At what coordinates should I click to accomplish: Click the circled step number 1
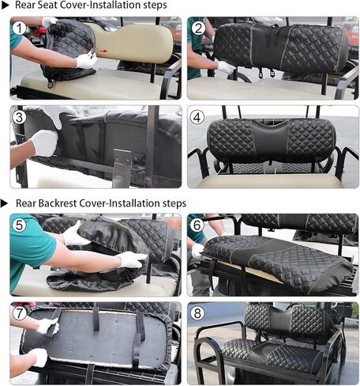[x=20, y=28]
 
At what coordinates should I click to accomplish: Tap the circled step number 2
[x=198, y=28]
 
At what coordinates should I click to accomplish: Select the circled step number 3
[x=19, y=117]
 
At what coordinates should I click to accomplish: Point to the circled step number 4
[x=197, y=117]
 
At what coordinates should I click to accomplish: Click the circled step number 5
[x=20, y=225]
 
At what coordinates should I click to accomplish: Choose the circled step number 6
[x=197, y=225]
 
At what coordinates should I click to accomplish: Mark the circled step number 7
[x=20, y=313]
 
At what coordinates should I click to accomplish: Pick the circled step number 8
[x=197, y=313]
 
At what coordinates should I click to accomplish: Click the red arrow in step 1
[x=103, y=51]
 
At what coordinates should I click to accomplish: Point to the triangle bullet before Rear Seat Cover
[x=6, y=6]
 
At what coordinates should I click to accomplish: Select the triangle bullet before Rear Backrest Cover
[x=5, y=203]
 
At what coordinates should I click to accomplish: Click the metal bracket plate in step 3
[x=122, y=168]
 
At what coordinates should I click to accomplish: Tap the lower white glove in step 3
[x=45, y=142]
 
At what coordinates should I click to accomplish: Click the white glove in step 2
[x=225, y=66]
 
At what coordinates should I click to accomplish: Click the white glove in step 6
[x=197, y=251]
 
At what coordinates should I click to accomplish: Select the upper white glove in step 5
[x=75, y=234]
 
